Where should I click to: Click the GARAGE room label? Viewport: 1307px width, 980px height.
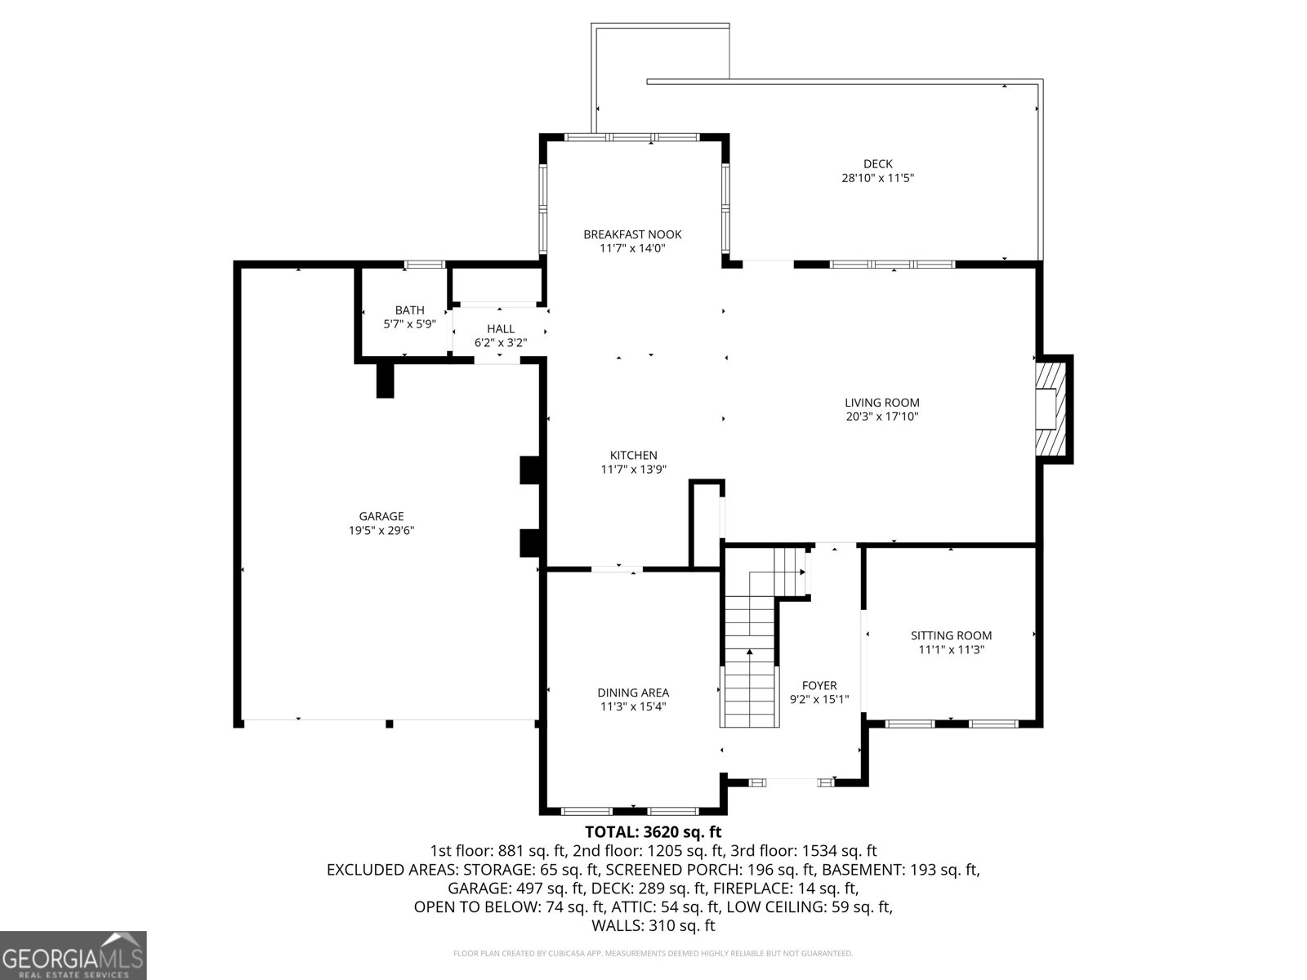coord(381,516)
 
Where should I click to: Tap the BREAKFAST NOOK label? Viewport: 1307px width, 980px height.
coord(632,234)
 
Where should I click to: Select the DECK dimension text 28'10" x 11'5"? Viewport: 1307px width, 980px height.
coord(877,178)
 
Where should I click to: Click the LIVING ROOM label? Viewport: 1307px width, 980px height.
coord(881,403)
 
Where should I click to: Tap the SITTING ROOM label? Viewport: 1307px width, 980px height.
coord(951,635)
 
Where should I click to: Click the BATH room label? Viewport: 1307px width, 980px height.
coord(409,310)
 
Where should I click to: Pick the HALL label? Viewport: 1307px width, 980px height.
coord(500,329)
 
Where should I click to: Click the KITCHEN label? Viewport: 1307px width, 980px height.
coord(633,456)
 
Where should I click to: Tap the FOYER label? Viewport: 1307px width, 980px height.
coord(819,686)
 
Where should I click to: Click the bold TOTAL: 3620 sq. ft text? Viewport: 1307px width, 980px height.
coord(653,832)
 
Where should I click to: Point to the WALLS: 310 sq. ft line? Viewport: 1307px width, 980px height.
coord(653,925)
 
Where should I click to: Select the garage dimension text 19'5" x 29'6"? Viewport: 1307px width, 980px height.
coord(381,531)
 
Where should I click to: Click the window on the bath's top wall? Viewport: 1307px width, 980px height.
coord(426,264)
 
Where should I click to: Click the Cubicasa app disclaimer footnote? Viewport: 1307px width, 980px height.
coord(653,953)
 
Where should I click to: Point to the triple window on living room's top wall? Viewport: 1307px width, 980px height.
coord(892,264)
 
